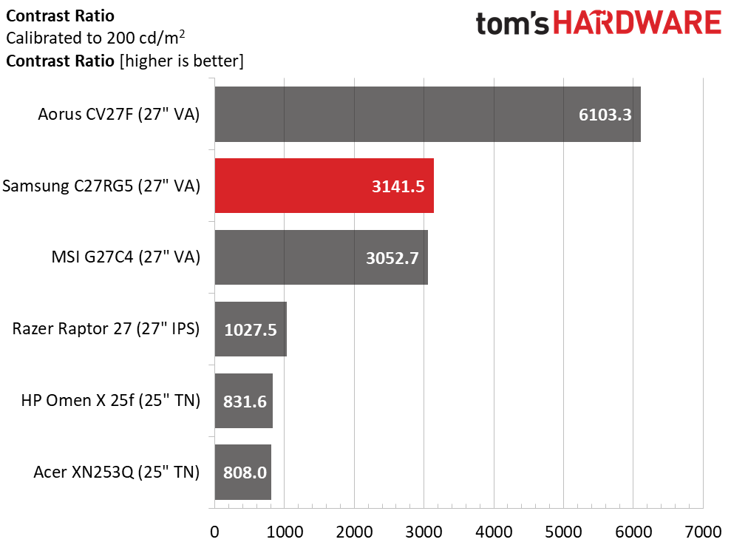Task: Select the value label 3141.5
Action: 398,186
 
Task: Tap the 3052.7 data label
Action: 392,258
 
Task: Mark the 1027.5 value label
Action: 251,330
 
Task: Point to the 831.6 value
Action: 244,402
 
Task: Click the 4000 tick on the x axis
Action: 494,532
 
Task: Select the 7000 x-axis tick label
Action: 703,532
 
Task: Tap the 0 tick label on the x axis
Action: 214,532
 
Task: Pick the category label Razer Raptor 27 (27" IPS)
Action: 106,329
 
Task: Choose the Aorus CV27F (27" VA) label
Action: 119,114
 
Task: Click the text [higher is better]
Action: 180,61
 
